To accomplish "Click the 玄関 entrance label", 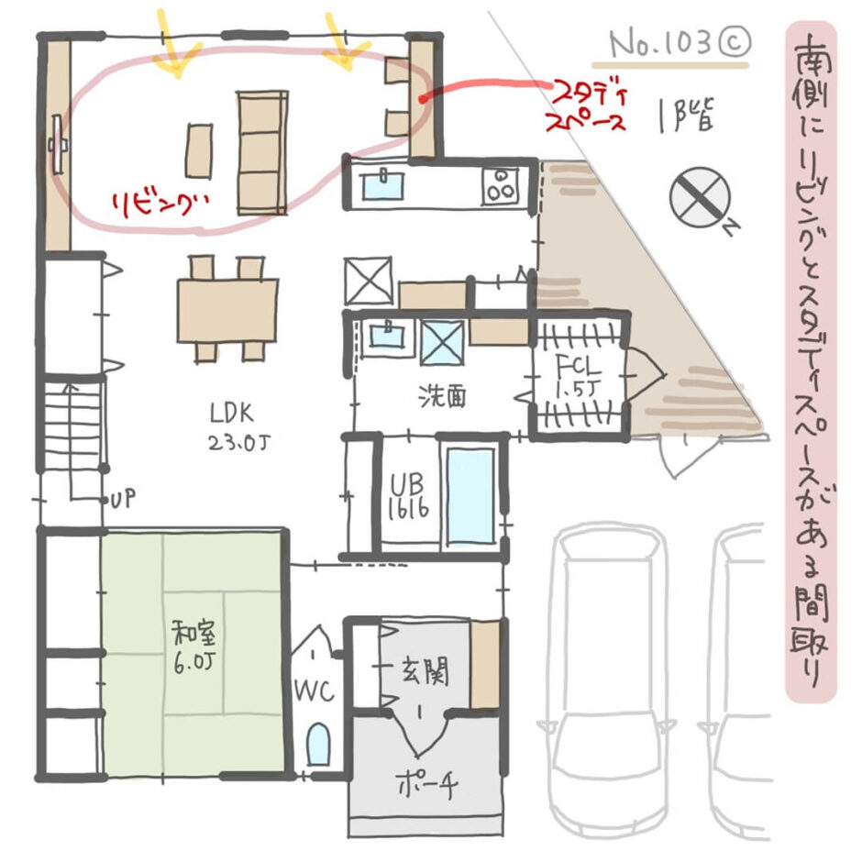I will point(424,673).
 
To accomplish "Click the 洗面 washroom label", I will point(443,396).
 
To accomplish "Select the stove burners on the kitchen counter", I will point(503,184).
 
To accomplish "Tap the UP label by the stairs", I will point(121,501).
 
